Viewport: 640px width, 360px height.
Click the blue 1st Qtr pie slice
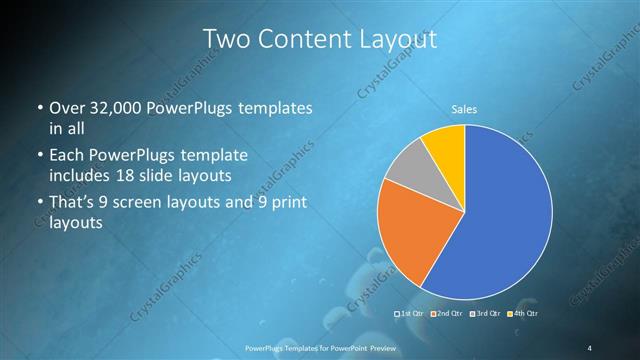tap(500, 220)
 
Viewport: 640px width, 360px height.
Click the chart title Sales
tap(463, 108)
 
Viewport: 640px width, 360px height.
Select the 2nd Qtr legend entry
tap(448, 314)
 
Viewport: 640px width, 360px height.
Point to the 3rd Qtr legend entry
tap(485, 314)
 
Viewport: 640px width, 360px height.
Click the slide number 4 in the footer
tap(590, 347)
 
